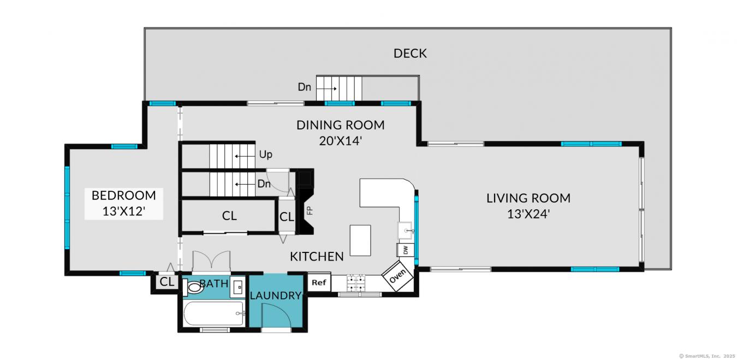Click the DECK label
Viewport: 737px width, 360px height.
point(410,54)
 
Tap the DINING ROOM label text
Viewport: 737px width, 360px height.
point(340,125)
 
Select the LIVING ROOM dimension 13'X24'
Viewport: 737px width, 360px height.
point(528,214)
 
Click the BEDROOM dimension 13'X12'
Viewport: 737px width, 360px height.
point(123,211)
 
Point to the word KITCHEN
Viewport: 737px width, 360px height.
point(317,256)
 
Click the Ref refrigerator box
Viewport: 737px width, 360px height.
point(319,282)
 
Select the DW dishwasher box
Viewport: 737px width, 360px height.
point(405,250)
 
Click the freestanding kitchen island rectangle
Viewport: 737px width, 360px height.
point(360,240)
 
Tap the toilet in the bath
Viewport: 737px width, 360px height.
point(193,287)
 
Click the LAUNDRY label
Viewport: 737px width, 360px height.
point(276,296)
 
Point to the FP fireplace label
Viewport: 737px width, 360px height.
point(309,210)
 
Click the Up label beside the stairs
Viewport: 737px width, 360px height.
point(265,155)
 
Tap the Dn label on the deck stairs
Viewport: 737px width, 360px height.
point(304,87)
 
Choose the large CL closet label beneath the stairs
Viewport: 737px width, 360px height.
point(229,216)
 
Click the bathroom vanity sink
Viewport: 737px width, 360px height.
point(237,287)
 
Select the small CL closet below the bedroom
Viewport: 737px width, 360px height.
point(167,282)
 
